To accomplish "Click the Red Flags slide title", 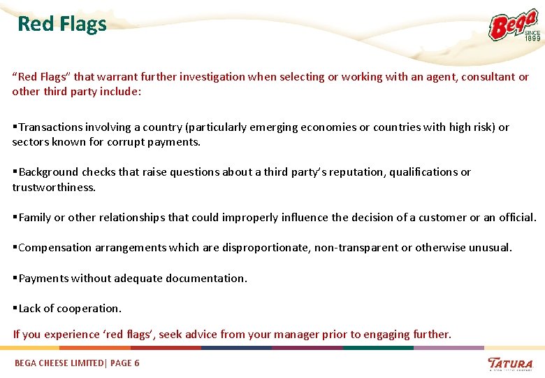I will tap(62, 24).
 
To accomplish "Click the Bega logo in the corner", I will tap(514, 26).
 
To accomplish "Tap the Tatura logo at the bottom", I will tap(510, 363).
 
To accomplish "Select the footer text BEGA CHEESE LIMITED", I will tap(58, 363).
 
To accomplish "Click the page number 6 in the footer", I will tap(136, 363).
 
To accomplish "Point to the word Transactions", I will tap(51, 127).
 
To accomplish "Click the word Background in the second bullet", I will tap(49, 171).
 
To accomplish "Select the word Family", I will tap(35, 217).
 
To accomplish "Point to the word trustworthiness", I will tap(53, 187).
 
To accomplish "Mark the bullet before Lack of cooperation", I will tap(15, 308).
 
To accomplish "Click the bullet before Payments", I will tap(15, 278).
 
